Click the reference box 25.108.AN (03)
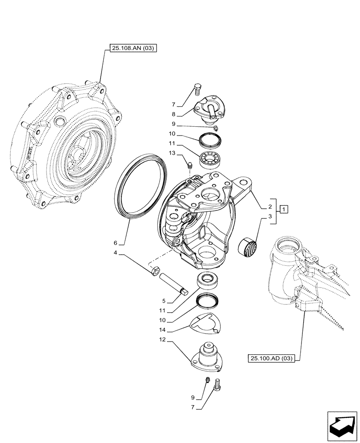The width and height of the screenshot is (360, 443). (x=131, y=49)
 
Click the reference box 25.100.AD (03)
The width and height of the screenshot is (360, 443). (x=272, y=358)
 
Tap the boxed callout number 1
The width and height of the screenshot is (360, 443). (x=284, y=209)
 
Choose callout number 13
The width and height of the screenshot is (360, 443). (x=172, y=153)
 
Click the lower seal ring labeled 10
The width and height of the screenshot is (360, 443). (x=207, y=301)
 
